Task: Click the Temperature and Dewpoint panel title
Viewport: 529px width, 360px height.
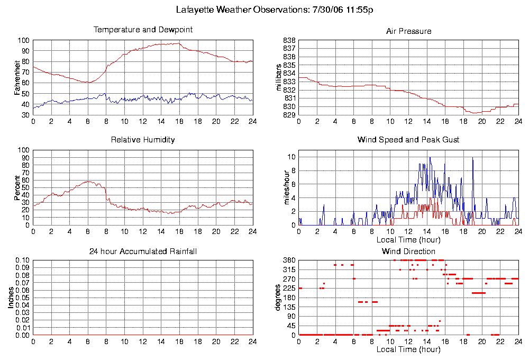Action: (143, 30)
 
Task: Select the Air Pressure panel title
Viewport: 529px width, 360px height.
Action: (408, 31)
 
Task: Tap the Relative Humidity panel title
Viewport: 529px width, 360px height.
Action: (143, 140)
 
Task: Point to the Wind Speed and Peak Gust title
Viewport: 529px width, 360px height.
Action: (408, 140)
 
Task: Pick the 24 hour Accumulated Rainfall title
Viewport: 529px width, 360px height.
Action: (143, 251)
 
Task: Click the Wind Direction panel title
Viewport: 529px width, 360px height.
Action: (408, 251)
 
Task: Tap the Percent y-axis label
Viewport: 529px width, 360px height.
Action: (17, 187)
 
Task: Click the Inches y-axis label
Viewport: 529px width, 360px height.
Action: (11, 298)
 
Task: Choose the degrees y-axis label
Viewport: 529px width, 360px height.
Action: (278, 298)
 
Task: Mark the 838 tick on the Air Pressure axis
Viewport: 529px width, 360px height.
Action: (288, 40)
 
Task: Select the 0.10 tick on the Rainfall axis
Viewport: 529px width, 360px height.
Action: (22, 260)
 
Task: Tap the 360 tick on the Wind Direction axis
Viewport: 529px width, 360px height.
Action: (288, 260)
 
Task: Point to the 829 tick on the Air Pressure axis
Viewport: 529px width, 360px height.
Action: (288, 115)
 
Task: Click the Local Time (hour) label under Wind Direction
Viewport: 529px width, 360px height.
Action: (408, 349)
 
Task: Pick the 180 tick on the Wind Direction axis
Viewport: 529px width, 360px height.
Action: (288, 298)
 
